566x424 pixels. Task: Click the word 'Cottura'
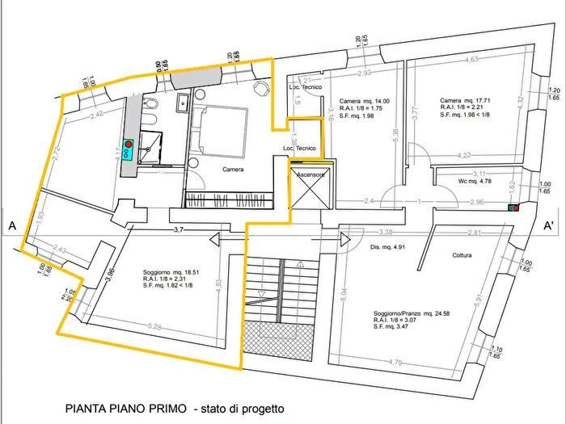coord(458,256)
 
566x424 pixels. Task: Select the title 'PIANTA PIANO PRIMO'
coord(126,409)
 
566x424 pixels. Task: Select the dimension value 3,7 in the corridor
coord(180,231)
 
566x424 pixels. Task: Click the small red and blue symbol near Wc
coord(513,208)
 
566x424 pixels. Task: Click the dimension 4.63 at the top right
coord(473,58)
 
